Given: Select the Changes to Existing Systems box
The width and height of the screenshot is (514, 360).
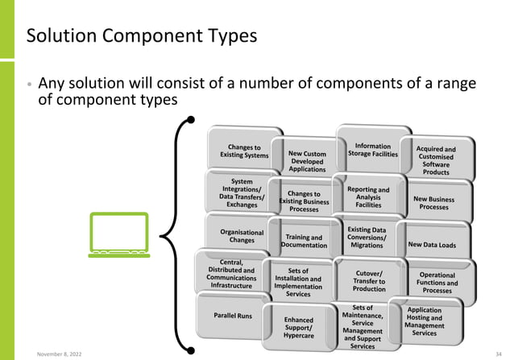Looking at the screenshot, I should point(244,151).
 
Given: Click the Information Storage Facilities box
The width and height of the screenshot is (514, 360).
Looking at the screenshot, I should point(373,150).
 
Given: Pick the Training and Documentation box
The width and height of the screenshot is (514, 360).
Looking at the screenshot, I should point(305,242).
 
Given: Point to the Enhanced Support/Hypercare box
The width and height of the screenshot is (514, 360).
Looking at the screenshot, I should point(298,329).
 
